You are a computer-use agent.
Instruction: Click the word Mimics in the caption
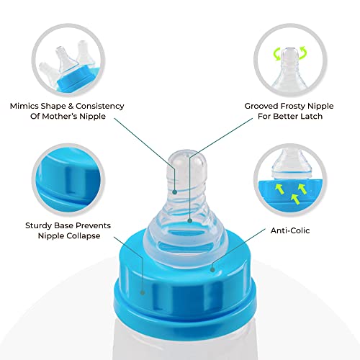click(x=24, y=106)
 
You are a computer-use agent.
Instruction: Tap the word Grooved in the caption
click(x=261, y=106)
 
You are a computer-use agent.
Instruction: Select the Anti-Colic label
click(x=290, y=230)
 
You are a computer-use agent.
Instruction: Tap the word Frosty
click(x=293, y=106)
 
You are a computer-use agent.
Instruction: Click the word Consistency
click(x=100, y=106)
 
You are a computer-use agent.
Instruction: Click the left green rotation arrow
click(x=277, y=54)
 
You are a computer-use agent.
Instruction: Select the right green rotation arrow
click(x=303, y=53)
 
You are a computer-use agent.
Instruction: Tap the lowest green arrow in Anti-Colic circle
click(x=294, y=199)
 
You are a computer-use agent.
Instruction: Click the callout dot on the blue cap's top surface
click(x=212, y=269)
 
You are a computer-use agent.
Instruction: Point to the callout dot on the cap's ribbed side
click(x=143, y=292)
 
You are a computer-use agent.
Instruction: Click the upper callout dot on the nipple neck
click(x=175, y=192)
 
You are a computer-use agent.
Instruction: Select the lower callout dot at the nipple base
click(x=190, y=221)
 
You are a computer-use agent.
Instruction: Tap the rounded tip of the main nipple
click(x=187, y=156)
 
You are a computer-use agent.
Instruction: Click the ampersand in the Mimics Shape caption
click(x=71, y=106)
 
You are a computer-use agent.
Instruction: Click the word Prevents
click(x=95, y=226)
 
